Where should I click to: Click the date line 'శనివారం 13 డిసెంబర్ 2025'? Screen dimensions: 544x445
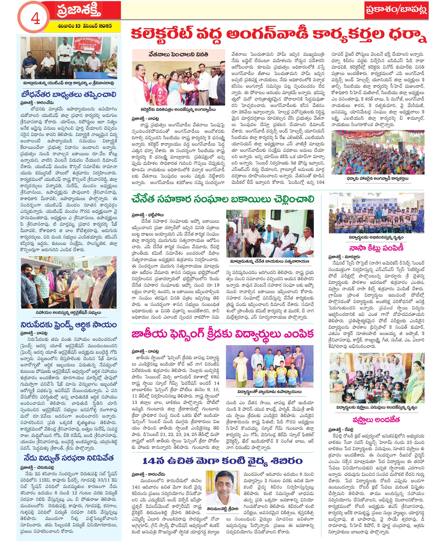point(85,26)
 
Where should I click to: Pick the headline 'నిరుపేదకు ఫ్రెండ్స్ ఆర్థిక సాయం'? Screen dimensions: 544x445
point(69,325)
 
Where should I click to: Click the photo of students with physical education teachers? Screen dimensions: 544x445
point(269,367)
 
